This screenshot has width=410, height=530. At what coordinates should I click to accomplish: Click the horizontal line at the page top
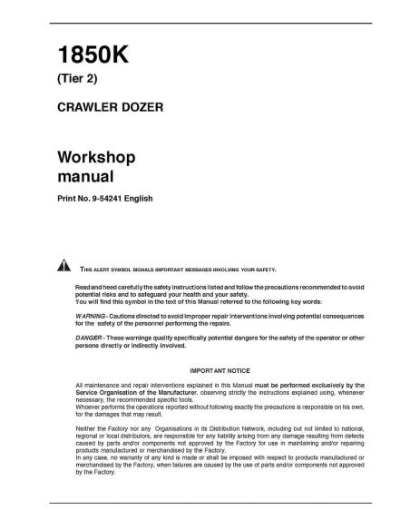[x=205, y=19]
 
